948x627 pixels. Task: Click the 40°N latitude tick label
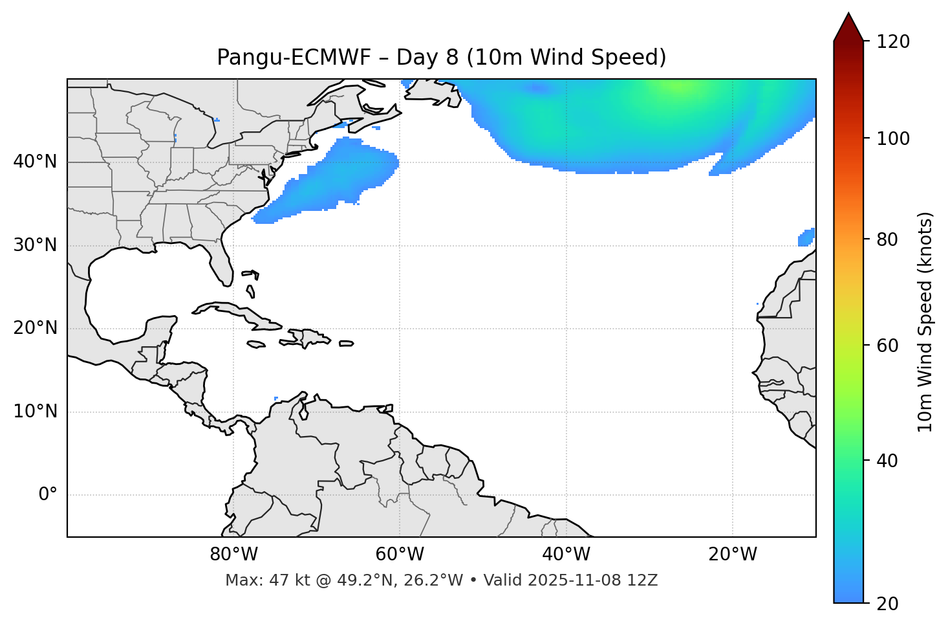35,162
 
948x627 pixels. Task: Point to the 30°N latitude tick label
35,245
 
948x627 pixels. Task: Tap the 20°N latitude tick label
35,328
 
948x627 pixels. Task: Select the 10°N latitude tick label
35,412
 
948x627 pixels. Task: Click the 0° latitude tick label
48,495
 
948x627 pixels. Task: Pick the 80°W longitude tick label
233,555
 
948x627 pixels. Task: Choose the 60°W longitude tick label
400,555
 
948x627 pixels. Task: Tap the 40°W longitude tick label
566,555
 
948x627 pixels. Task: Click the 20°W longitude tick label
733,555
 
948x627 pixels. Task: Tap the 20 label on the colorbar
887,604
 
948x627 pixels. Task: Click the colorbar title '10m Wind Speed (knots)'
925,322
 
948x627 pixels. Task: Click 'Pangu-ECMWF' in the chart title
294,58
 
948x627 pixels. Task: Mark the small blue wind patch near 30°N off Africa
806,237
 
